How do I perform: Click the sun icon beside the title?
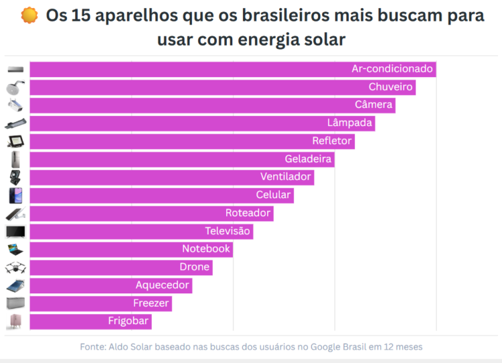click(x=29, y=15)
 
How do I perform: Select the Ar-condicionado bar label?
click(x=392, y=69)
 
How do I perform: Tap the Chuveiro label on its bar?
click(x=391, y=87)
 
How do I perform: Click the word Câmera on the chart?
click(x=373, y=105)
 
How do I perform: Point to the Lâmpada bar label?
click(x=350, y=123)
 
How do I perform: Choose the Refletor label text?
click(x=332, y=141)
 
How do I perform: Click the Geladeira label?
click(x=308, y=159)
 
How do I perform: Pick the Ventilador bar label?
click(x=286, y=177)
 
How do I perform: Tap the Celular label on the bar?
click(x=273, y=195)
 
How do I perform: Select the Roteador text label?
click(x=248, y=213)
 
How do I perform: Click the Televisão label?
click(x=228, y=231)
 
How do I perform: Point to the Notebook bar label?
click(x=206, y=248)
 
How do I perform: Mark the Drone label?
click(x=195, y=267)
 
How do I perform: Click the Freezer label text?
click(x=152, y=303)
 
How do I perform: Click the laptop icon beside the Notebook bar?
click(x=15, y=249)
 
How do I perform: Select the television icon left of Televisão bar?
click(x=15, y=231)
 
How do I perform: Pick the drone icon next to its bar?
click(x=15, y=267)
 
